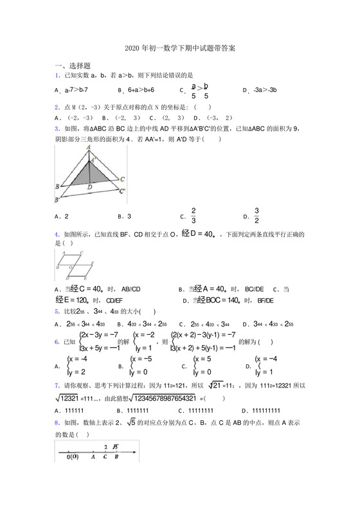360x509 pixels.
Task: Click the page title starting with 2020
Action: (179, 48)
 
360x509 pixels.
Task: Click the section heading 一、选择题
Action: (73, 66)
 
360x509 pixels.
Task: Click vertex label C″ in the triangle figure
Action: (122, 190)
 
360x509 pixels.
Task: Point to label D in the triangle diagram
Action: (89, 187)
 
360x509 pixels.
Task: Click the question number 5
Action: (57, 312)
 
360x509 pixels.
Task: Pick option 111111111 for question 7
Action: (266, 409)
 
